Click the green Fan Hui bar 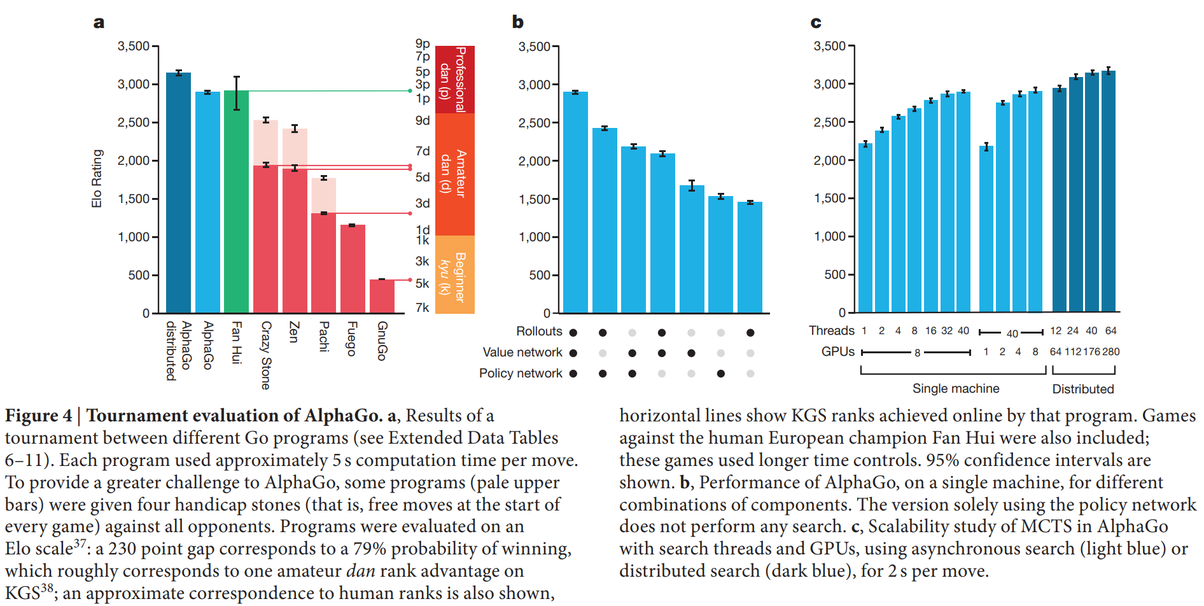point(236,204)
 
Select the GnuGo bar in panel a point(382,297)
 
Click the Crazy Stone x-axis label point(266,355)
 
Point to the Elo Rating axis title point(97,179)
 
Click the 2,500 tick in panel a point(133,122)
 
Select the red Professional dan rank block point(454,79)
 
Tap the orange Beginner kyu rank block point(454,275)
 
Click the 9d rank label point(423,120)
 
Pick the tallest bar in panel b point(575,204)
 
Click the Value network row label point(522,352)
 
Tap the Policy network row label point(521,373)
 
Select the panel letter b point(517,22)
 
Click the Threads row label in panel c point(831,330)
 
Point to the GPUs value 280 point(1110,351)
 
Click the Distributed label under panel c point(1082,389)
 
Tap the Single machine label point(955,388)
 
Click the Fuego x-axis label point(351,339)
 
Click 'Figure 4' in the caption point(38,416)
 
